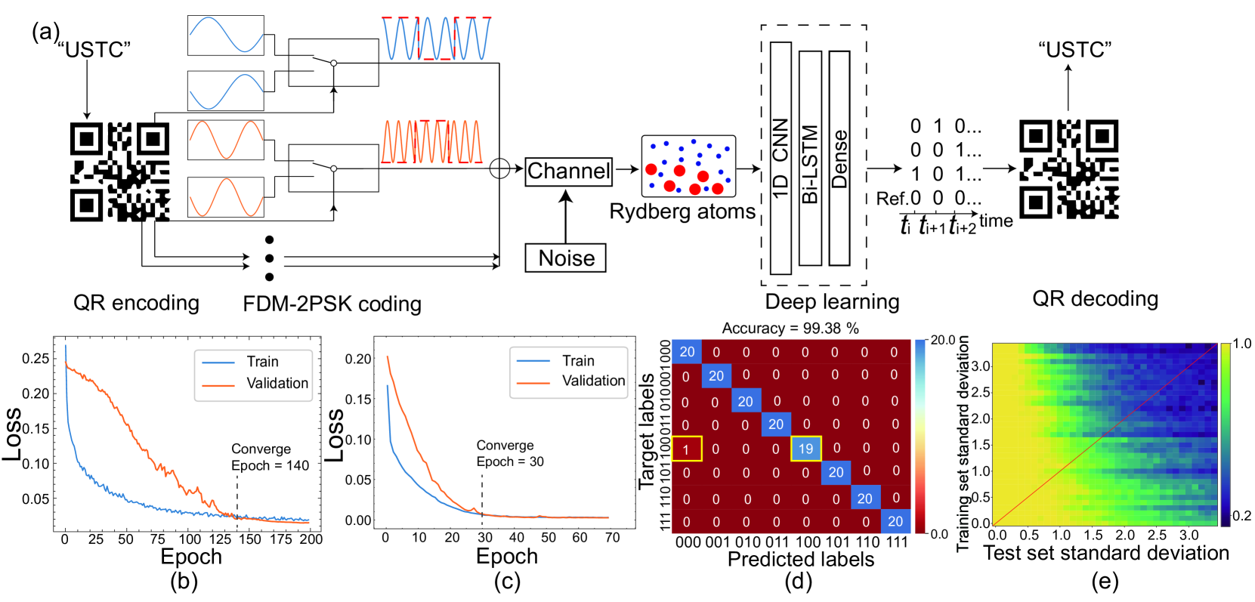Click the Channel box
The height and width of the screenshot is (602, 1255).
pyautogui.click(x=568, y=171)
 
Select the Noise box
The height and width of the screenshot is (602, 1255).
pyautogui.click(x=566, y=258)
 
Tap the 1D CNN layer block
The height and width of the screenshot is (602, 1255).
pyautogui.click(x=781, y=158)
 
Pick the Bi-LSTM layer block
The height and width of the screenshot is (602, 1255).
pyautogui.click(x=810, y=158)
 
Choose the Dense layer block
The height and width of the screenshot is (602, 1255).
pyautogui.click(x=839, y=158)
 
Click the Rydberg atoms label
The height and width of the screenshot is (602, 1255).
pyautogui.click(x=682, y=211)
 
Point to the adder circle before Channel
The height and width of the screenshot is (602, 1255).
pyautogui.click(x=499, y=168)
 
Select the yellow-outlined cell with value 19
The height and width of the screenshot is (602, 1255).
pyautogui.click(x=805, y=449)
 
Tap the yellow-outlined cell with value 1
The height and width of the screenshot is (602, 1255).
pyautogui.click(x=686, y=449)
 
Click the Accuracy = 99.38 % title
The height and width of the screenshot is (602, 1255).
pyautogui.click(x=790, y=328)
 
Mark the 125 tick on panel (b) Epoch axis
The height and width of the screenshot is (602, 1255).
pyautogui.click(x=221, y=539)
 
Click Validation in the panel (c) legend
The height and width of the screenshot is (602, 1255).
pyautogui.click(x=593, y=381)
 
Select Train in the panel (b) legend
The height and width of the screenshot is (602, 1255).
pyautogui.click(x=262, y=362)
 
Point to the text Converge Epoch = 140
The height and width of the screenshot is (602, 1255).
pyautogui.click(x=270, y=457)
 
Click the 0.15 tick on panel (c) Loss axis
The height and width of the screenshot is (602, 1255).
pyautogui.click(x=358, y=399)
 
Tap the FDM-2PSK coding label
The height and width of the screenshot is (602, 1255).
pyautogui.click(x=332, y=304)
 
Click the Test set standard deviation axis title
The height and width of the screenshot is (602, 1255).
pyautogui.click(x=1105, y=553)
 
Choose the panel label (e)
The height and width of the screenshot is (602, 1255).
pyautogui.click(x=1105, y=581)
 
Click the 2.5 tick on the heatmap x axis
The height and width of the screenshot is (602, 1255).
pyautogui.click(x=1157, y=536)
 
